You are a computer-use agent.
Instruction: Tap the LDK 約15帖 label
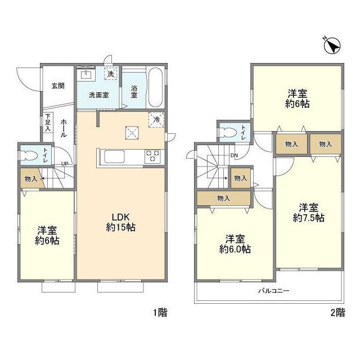[x=121, y=222]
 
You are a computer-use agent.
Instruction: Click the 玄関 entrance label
[x=58, y=86]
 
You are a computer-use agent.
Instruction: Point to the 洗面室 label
[x=99, y=95]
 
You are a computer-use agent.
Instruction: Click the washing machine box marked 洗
[x=111, y=74]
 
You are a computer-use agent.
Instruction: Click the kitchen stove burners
[x=152, y=156]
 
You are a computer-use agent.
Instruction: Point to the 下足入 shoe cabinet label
[x=48, y=123]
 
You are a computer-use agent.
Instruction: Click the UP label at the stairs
[x=66, y=164]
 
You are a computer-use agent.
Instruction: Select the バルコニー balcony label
[x=273, y=291]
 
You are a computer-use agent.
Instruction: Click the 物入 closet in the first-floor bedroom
[x=31, y=179]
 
